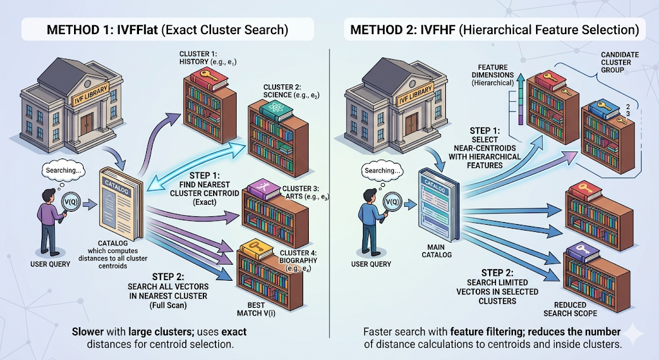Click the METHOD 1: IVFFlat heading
click(x=167, y=30)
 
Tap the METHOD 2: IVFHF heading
click(x=495, y=30)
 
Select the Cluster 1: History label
click(x=208, y=57)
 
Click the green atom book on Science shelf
click(x=276, y=108)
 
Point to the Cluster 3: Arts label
click(x=305, y=193)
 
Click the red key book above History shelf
click(x=209, y=79)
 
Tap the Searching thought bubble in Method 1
click(x=64, y=170)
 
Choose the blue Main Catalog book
click(x=438, y=205)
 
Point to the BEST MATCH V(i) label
click(x=256, y=308)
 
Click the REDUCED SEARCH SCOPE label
click(x=570, y=309)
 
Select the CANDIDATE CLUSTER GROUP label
click(x=620, y=62)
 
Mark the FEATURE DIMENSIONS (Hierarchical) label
click(x=492, y=75)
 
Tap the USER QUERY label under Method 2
click(x=371, y=264)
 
